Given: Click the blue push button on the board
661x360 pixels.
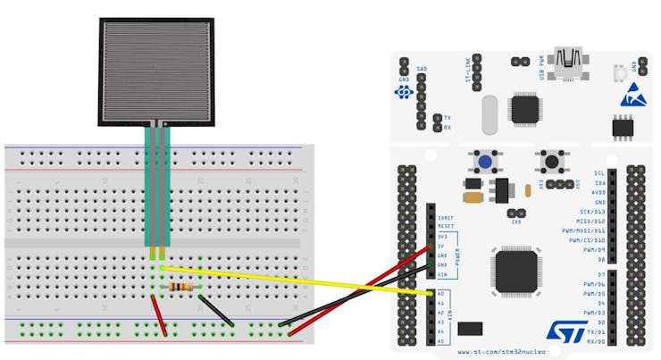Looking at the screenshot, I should pos(485,162).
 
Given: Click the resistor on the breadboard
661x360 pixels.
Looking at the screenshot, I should pos(180,287).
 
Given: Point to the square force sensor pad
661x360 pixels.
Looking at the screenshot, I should pos(156,70).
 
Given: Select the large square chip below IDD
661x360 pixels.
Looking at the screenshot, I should pos(516,268).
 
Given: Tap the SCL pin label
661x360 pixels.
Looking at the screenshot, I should pos(599,173).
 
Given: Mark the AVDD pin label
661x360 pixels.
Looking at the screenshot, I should pos(598,192).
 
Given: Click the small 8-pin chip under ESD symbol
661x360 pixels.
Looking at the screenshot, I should pos(623,127).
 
